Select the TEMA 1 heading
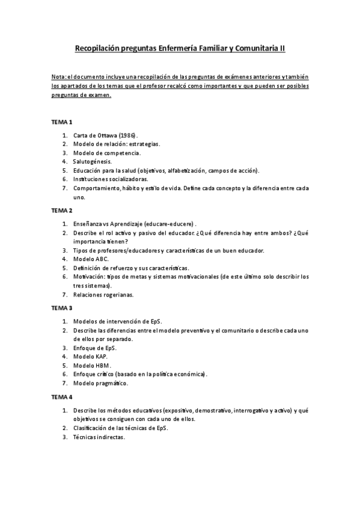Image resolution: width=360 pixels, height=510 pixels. [x=61, y=121]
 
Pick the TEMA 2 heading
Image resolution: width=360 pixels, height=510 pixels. [x=61, y=210]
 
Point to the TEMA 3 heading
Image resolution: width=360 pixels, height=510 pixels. [x=61, y=307]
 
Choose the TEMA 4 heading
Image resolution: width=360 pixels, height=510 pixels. [x=61, y=397]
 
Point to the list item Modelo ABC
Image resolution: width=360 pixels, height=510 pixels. [x=91, y=259]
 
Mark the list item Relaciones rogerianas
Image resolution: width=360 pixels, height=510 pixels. [x=103, y=294]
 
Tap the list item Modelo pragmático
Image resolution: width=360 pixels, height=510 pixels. [x=100, y=382]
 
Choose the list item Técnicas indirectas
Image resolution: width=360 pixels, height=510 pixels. [x=99, y=437]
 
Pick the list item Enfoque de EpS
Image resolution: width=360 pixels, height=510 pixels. [x=94, y=348]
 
